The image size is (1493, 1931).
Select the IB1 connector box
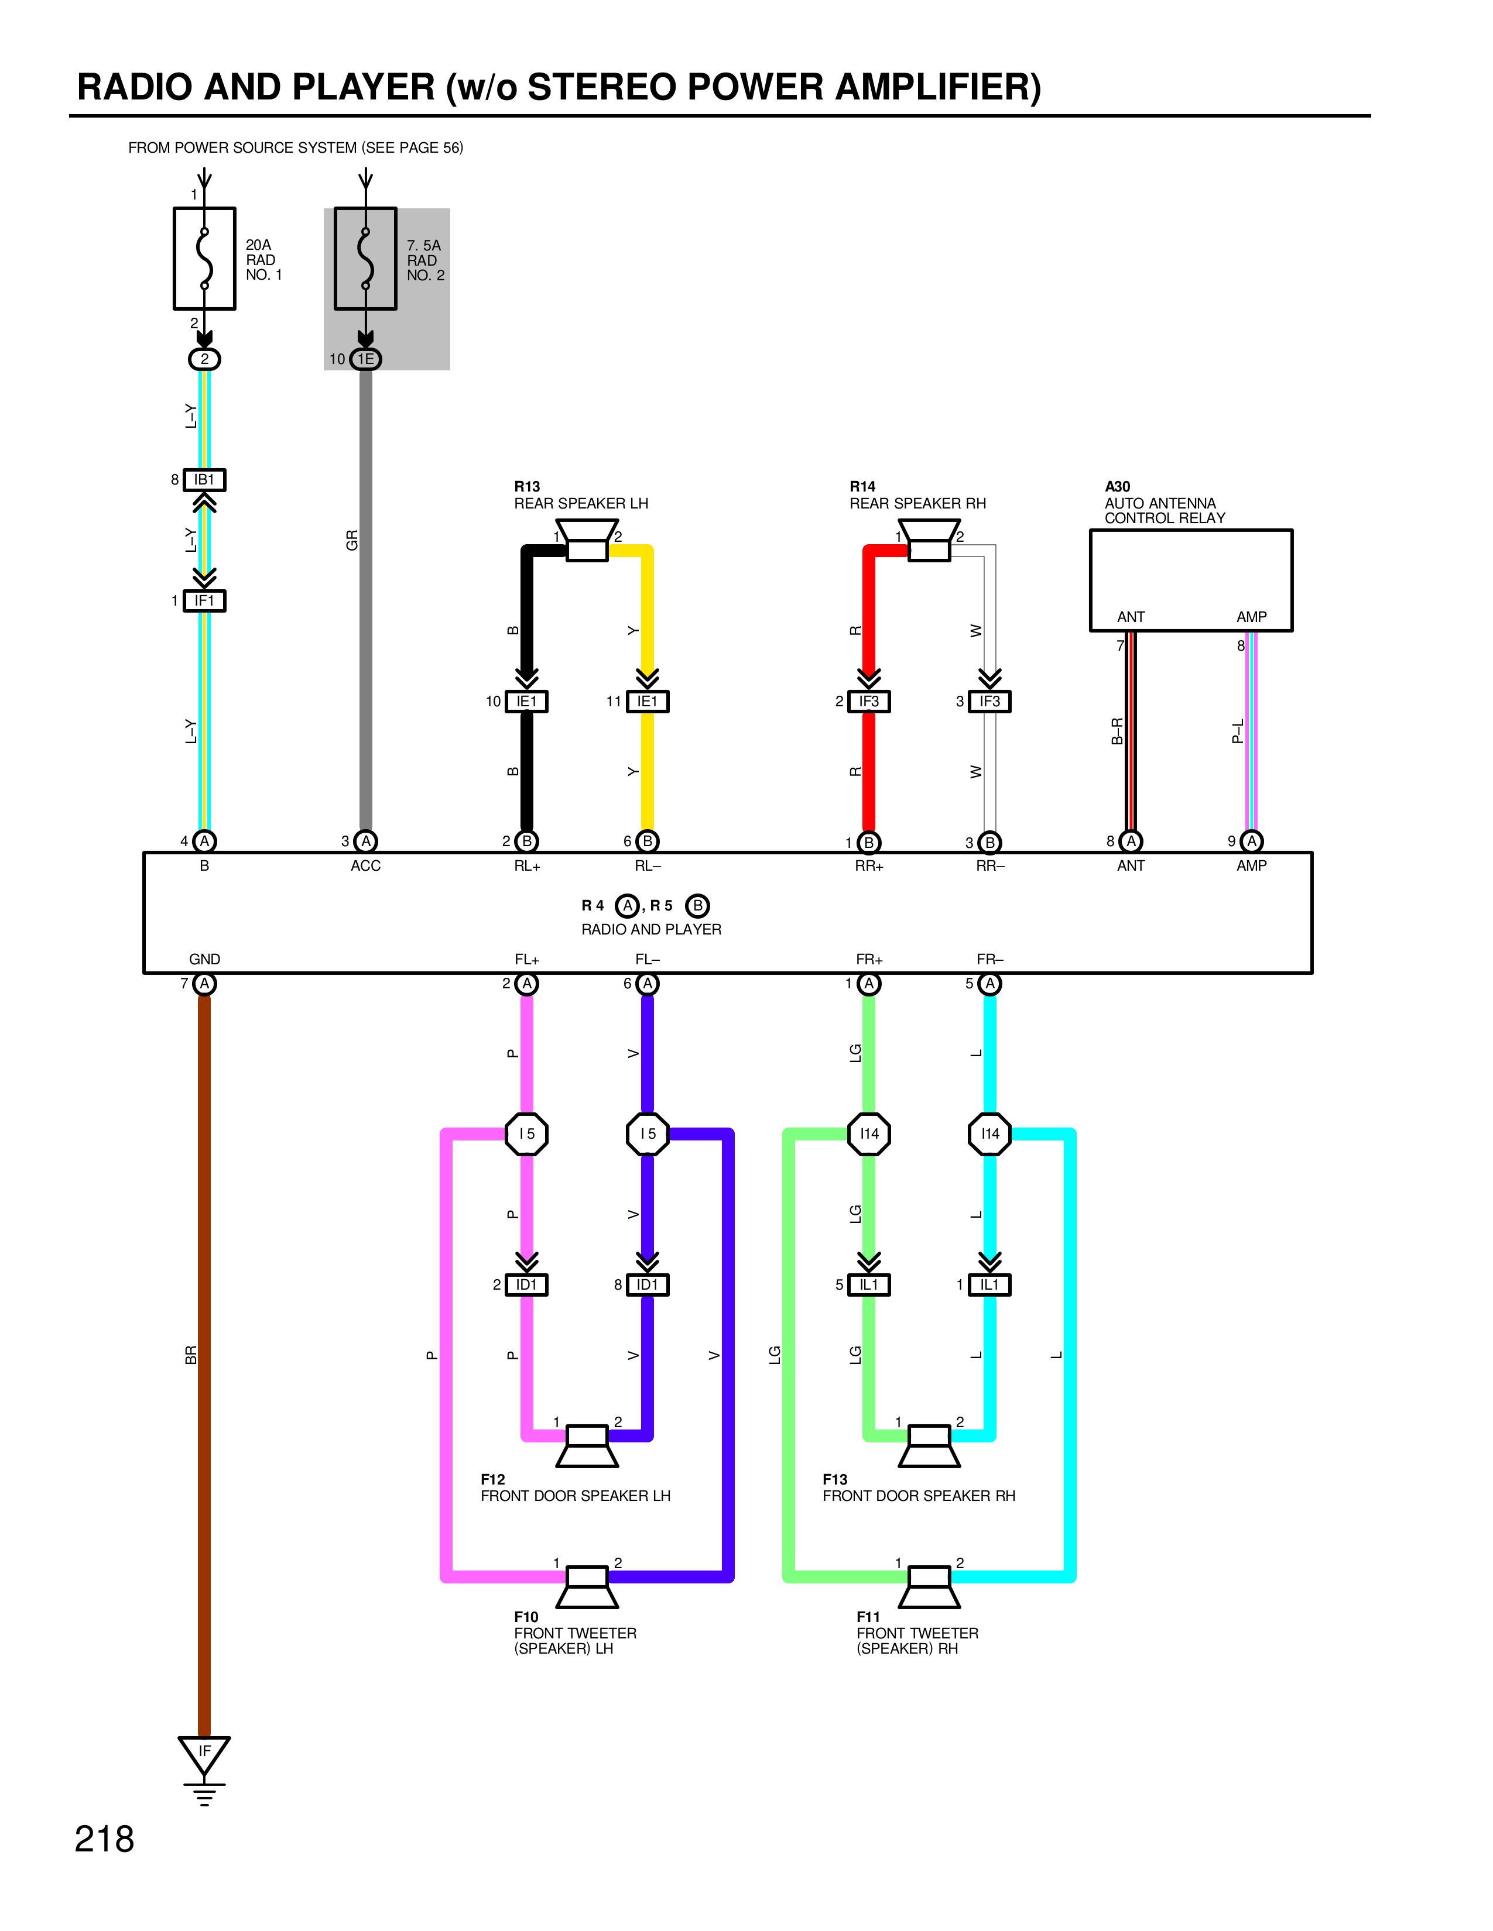(x=204, y=480)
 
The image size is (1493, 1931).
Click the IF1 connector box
(x=204, y=601)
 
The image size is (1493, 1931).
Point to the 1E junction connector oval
(x=365, y=359)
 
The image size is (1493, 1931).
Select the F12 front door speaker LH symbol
(x=587, y=1445)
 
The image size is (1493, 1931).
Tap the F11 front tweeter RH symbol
(x=929, y=1587)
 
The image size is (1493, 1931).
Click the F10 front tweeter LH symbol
(x=587, y=1587)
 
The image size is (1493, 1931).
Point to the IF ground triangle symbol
(x=204, y=1755)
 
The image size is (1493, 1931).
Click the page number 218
(x=104, y=1840)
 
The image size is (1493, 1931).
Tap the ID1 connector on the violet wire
(x=648, y=1284)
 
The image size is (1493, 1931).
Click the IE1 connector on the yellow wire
(x=648, y=701)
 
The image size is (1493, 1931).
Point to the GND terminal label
(x=204, y=959)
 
